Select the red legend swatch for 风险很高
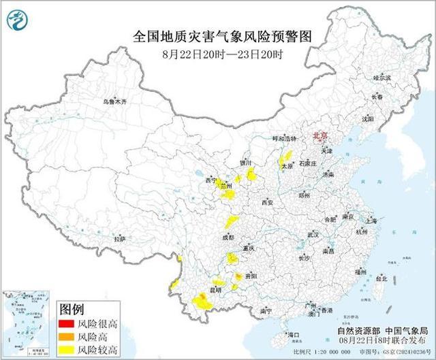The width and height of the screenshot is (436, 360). point(67,325)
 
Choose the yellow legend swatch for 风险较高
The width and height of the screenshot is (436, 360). point(67,350)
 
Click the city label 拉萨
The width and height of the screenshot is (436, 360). point(120,240)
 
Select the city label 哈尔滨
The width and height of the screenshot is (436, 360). point(383,78)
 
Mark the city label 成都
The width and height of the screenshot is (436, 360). point(228,238)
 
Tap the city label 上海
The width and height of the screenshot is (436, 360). point(371,221)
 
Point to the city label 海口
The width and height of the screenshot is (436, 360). point(294,335)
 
